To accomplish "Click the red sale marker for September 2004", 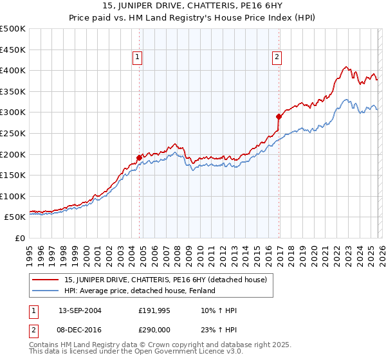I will click(x=140, y=157).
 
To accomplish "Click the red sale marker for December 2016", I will click(x=279, y=116).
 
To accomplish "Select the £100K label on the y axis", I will click(x=14, y=196).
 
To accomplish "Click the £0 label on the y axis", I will click(x=21, y=239).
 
